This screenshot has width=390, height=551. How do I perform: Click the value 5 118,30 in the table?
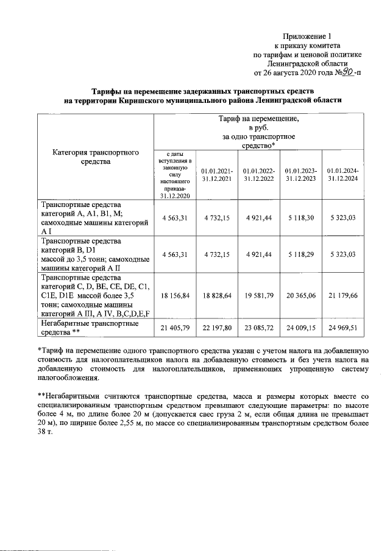pyautogui.click(x=300, y=217)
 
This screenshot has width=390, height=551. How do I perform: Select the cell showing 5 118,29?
pyautogui.click(x=300, y=253)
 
